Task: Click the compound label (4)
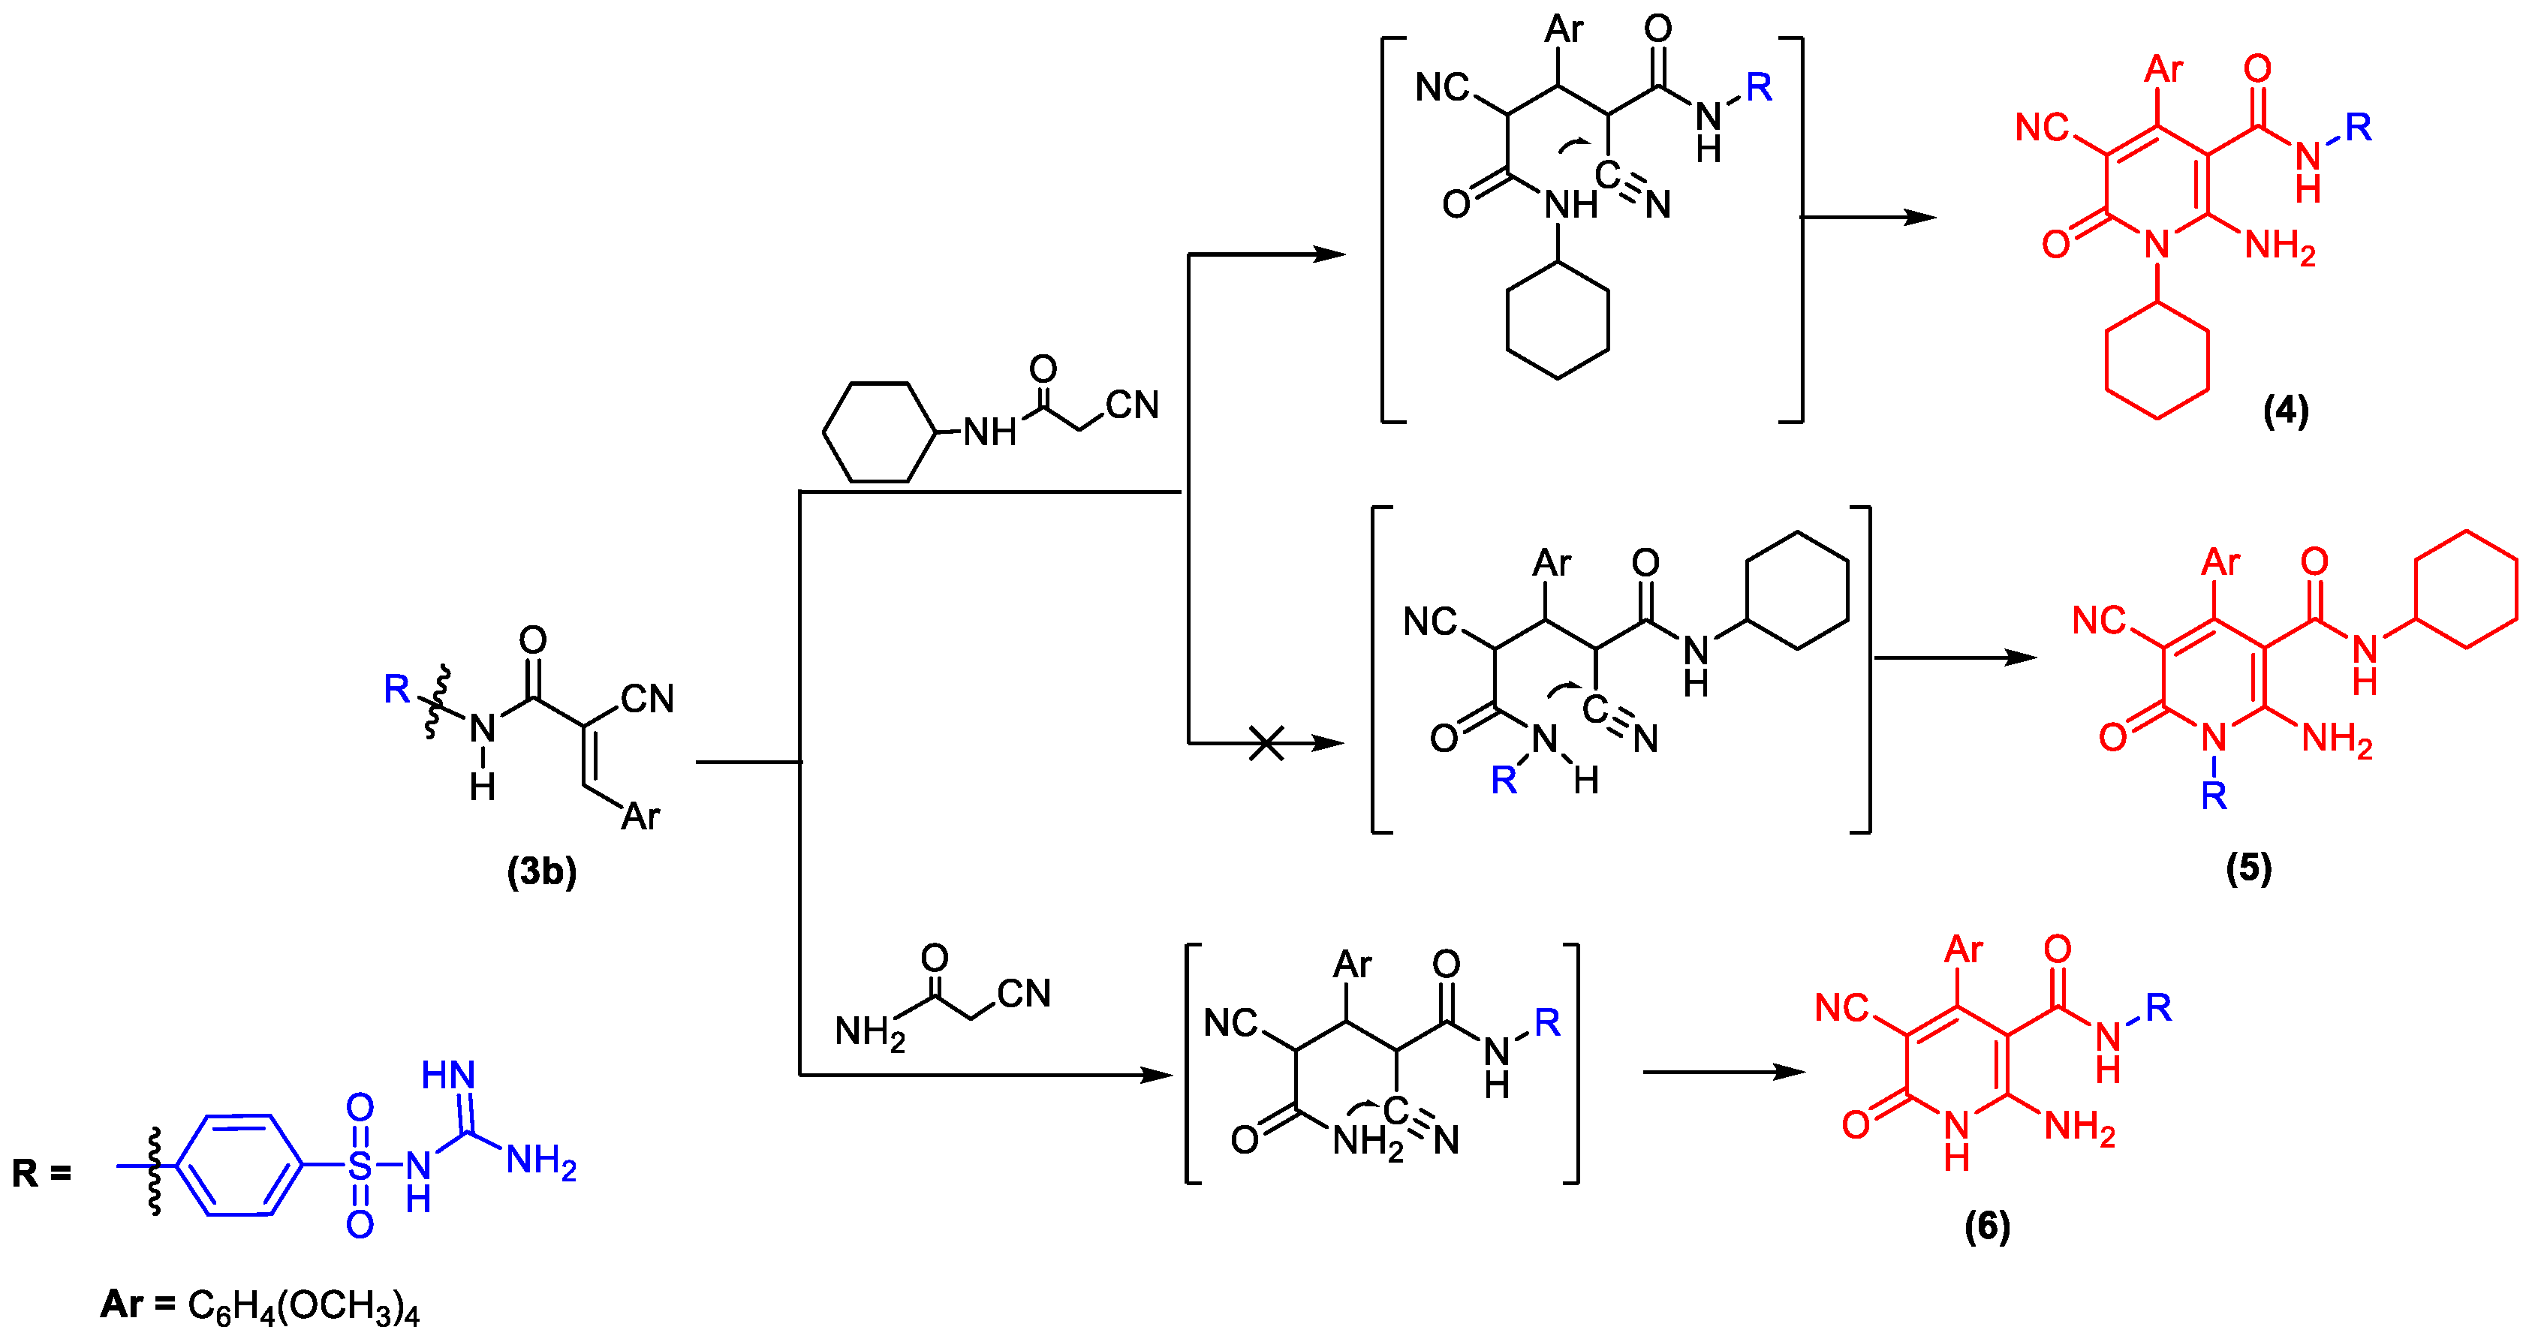(2285, 410)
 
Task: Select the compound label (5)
(2248, 868)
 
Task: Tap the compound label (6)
(1986, 1226)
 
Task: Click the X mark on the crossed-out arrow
(1266, 743)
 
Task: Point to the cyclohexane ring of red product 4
(2157, 360)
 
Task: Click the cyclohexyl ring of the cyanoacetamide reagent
(878, 432)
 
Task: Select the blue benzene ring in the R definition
(239, 1166)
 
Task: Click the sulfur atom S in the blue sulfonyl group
(360, 1166)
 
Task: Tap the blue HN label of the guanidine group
(448, 1075)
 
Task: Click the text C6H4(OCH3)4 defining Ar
(303, 1305)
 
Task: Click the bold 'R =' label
(41, 1173)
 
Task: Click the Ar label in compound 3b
(640, 816)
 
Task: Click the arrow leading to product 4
(1867, 217)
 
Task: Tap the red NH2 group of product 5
(2336, 739)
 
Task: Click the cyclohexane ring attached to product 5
(2466, 589)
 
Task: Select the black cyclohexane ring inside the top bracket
(1558, 320)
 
